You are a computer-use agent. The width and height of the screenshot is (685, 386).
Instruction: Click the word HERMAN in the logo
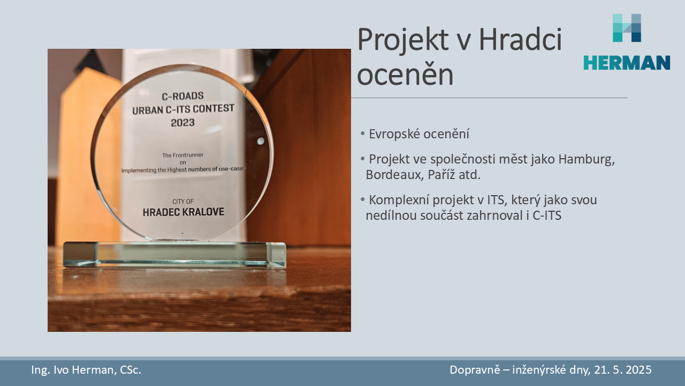(627, 63)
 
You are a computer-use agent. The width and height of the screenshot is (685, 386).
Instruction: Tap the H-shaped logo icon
(627, 28)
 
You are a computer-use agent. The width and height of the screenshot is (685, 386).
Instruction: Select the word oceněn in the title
(405, 75)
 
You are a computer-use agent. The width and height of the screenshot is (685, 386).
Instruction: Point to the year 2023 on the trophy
(182, 123)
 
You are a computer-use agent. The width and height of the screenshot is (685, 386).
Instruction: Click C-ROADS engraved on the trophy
(182, 96)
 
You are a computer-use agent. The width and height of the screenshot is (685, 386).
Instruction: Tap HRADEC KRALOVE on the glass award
(184, 212)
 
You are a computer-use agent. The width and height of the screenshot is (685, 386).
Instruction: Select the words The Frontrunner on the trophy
(182, 155)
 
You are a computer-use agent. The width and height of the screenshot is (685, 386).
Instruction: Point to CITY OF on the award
(183, 202)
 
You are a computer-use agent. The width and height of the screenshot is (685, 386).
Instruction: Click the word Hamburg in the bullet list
(587, 160)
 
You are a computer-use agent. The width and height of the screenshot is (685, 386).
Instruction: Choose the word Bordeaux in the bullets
(395, 175)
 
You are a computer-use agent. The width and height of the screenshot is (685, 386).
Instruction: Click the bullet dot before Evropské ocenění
(363, 133)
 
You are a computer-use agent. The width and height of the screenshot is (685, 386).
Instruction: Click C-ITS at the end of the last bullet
(547, 216)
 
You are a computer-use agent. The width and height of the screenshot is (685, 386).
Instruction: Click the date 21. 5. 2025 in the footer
(622, 370)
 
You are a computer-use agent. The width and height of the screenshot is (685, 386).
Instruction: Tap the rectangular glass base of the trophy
(174, 255)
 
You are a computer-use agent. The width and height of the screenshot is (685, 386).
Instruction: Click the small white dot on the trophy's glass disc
(261, 141)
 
